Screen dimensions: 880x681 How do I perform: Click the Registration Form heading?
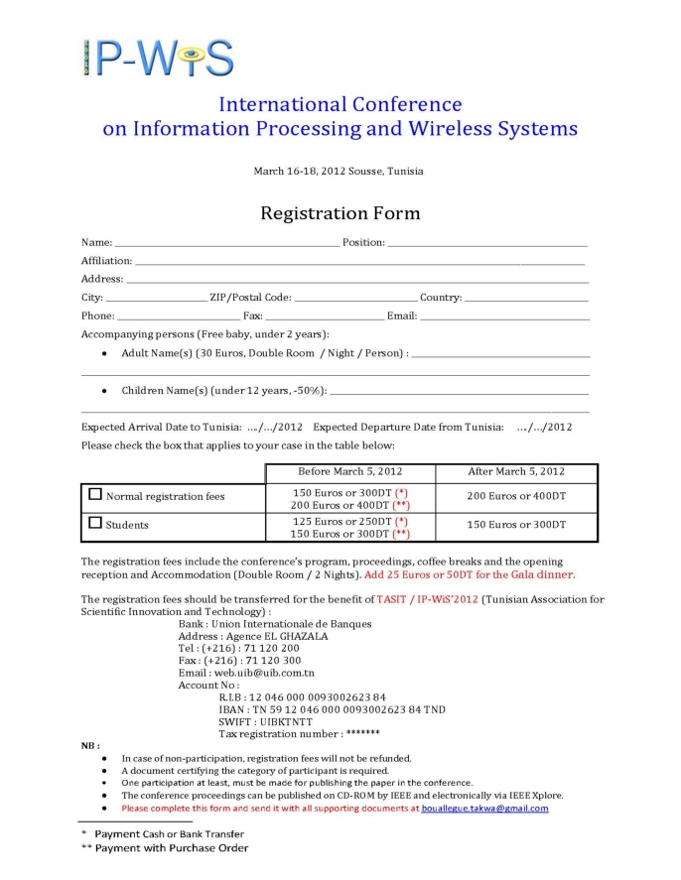(340, 213)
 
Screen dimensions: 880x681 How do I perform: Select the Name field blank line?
(226, 244)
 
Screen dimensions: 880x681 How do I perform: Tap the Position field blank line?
(486, 244)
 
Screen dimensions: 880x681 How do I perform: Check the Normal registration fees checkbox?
(95, 493)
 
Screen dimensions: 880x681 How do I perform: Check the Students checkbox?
(95, 522)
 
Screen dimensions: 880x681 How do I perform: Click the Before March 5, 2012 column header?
(350, 471)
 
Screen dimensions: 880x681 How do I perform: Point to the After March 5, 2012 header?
(515, 471)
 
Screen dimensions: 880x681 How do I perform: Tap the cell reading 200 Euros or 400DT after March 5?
(515, 496)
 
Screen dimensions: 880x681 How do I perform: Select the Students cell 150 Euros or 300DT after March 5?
(515, 524)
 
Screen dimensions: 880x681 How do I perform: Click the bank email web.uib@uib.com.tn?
(247, 672)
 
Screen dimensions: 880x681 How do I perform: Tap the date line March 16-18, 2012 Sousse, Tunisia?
(339, 171)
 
